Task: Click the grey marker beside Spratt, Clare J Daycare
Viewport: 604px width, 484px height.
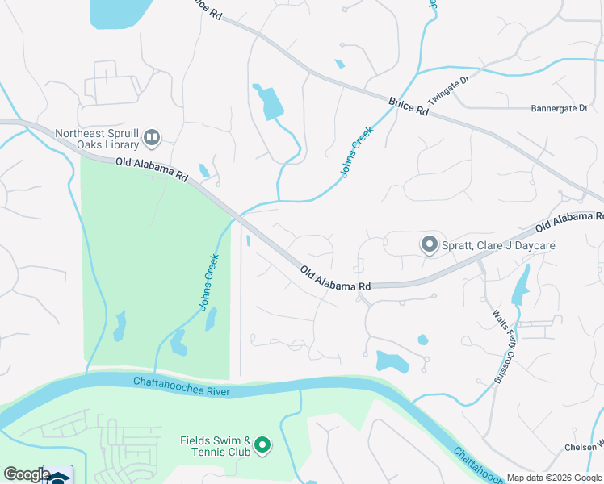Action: click(x=430, y=244)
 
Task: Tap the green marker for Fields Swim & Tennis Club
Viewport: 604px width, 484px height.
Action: click(x=262, y=444)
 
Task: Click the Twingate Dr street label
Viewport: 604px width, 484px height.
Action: click(x=448, y=90)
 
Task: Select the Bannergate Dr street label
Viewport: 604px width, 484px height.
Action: click(x=560, y=108)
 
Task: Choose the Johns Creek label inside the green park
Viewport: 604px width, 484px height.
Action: click(x=210, y=283)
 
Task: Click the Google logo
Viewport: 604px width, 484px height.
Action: click(x=27, y=474)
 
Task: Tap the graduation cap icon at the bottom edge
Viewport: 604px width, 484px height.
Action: click(x=58, y=477)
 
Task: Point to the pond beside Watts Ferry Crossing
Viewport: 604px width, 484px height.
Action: click(x=521, y=282)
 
